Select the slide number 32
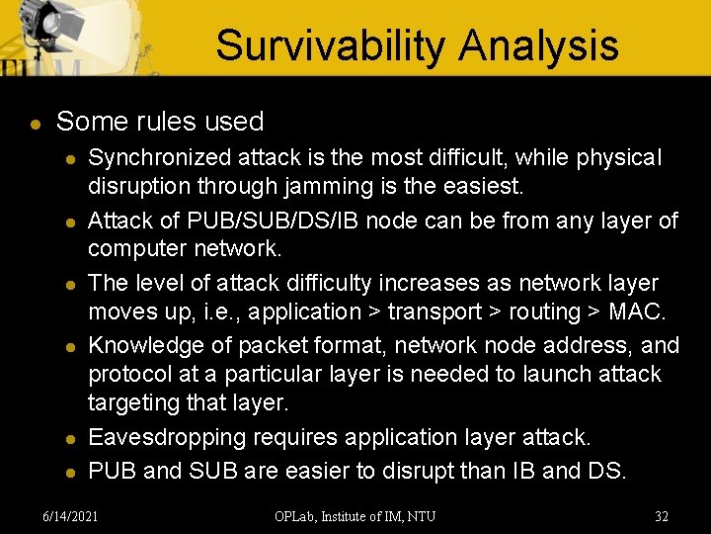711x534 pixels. (x=662, y=515)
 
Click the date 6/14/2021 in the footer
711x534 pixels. (x=71, y=515)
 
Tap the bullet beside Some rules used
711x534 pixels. (x=35, y=125)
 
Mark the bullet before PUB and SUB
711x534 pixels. (x=69, y=473)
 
